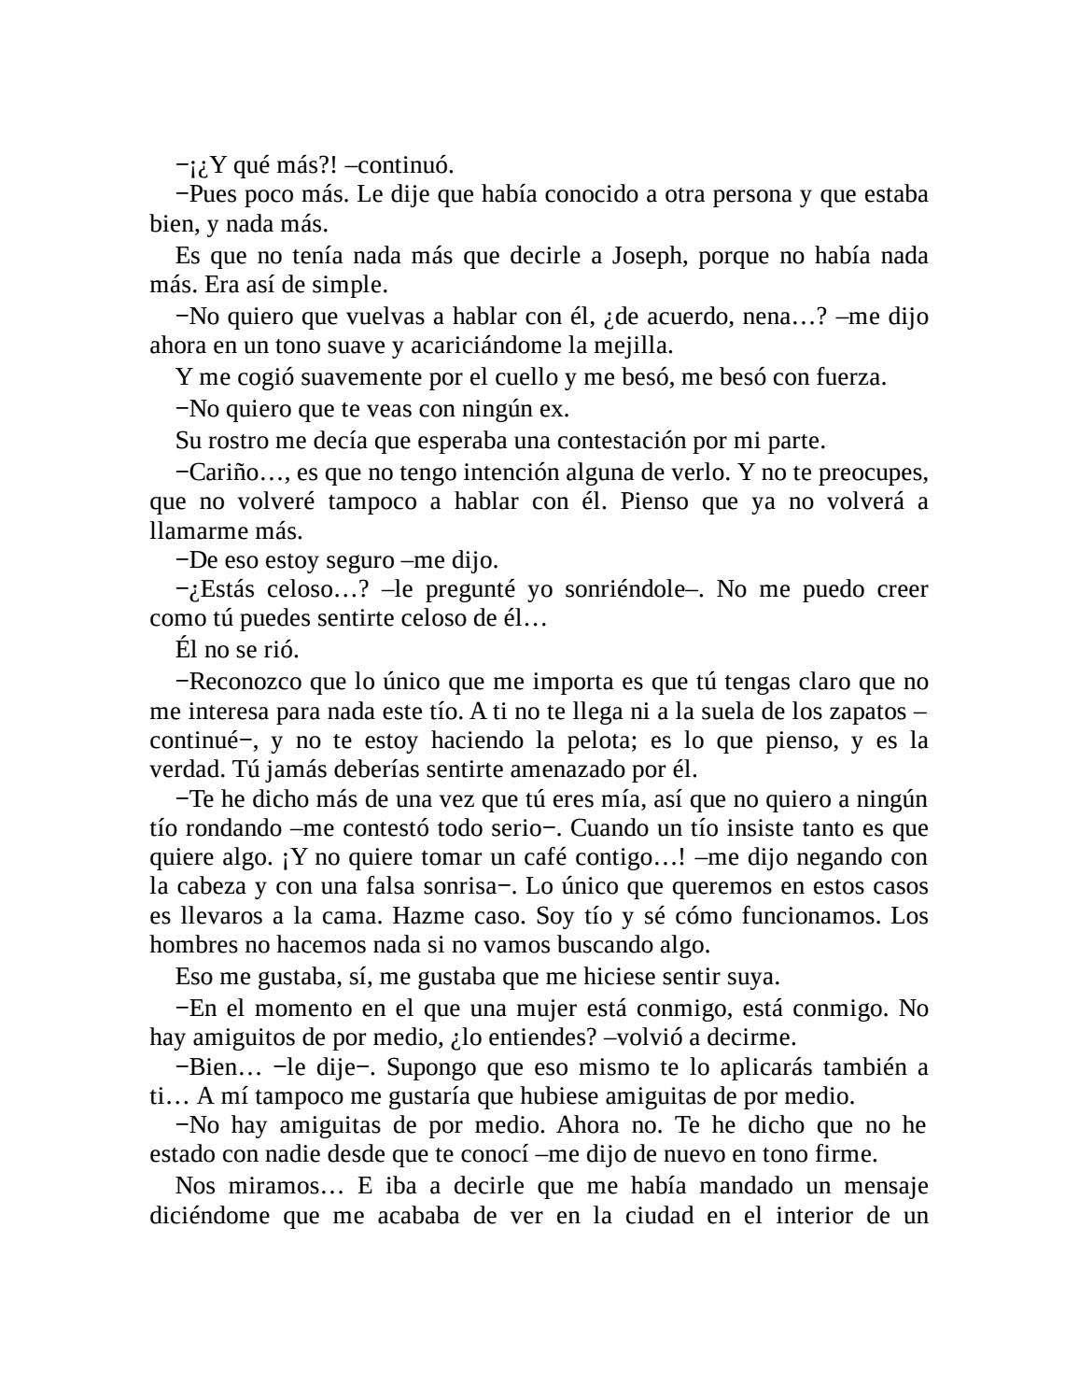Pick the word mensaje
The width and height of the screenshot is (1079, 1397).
coord(884,1186)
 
